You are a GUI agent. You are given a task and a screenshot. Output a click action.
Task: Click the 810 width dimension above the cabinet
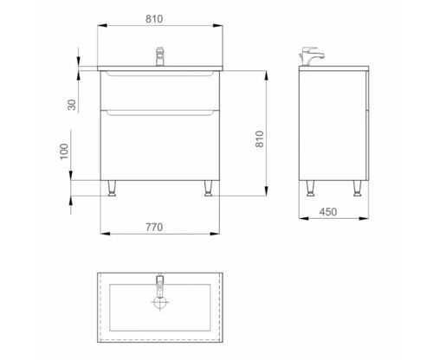click(154, 19)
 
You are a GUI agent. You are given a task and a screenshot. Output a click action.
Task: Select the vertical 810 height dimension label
click(259, 139)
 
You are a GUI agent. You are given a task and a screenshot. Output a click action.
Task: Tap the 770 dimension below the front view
click(154, 228)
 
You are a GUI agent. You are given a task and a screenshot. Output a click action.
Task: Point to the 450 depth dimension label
click(328, 212)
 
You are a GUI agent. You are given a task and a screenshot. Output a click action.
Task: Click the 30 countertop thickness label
click(72, 105)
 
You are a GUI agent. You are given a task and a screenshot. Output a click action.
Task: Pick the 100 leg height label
click(64, 151)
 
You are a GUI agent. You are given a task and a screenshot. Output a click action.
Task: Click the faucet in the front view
click(160, 57)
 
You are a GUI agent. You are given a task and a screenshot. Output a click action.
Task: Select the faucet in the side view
click(311, 56)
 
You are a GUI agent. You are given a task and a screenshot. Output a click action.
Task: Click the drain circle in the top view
click(160, 302)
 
